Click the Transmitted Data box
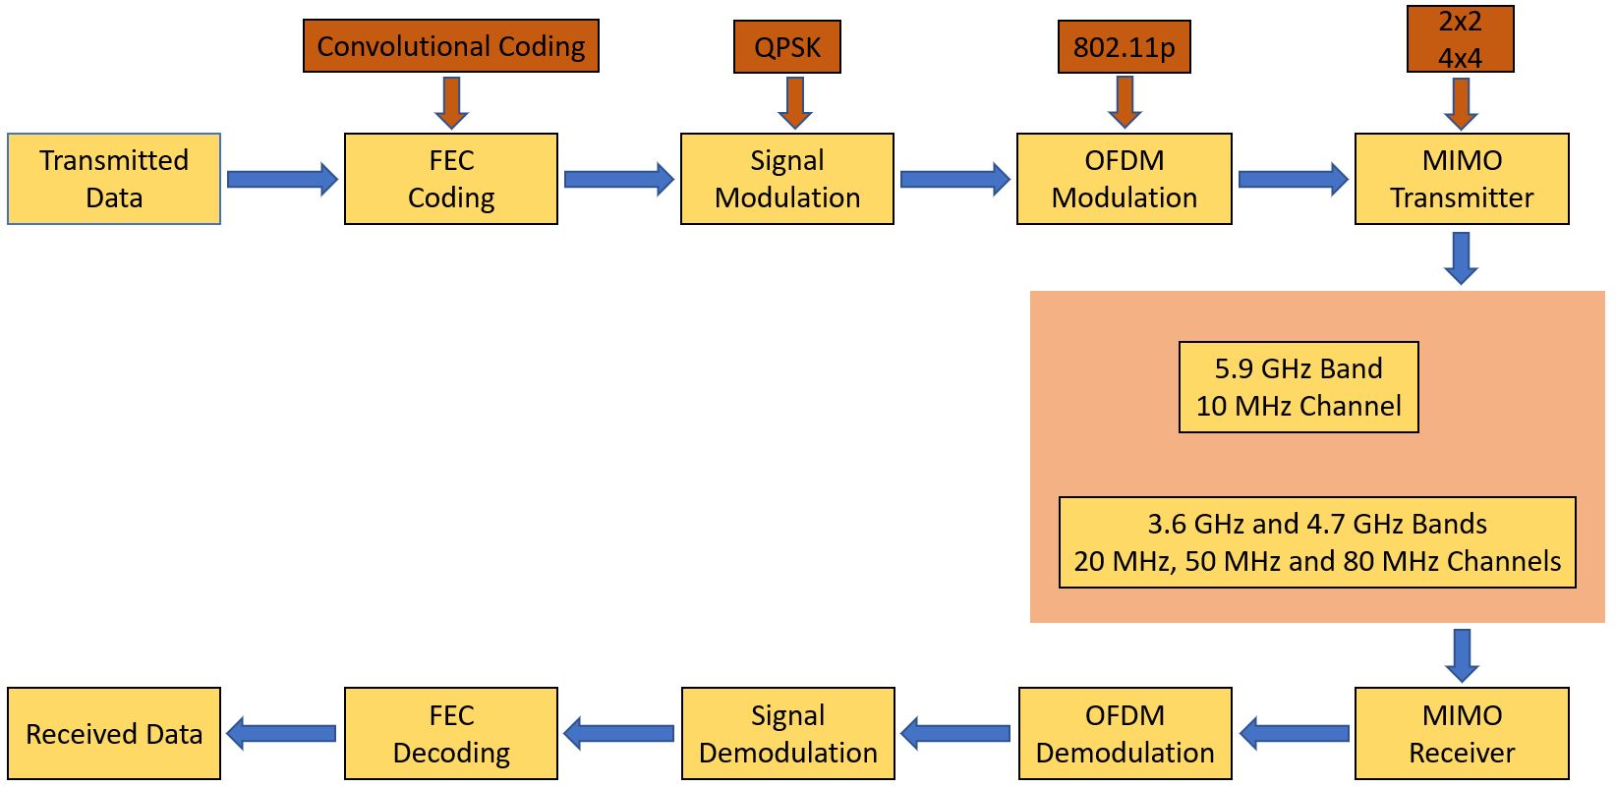[x=114, y=179]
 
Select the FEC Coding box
[x=451, y=179]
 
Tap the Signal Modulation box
[x=787, y=179]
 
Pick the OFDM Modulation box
[x=1125, y=179]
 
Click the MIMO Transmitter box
[x=1462, y=179]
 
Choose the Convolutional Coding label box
[x=451, y=46]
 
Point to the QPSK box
[x=787, y=47]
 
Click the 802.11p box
[x=1125, y=47]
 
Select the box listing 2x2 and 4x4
[x=1461, y=39]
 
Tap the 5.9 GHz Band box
[x=1299, y=387]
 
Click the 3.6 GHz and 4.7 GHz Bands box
[x=1317, y=542]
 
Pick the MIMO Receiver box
[x=1462, y=734]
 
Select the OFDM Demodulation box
[x=1125, y=734]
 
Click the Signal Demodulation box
[x=788, y=734]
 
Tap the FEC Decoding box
[x=451, y=734]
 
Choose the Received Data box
[x=114, y=734]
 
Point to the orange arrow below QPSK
[x=794, y=102]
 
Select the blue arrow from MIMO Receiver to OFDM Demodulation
[x=1294, y=733]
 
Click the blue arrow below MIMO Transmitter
[x=1462, y=257]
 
